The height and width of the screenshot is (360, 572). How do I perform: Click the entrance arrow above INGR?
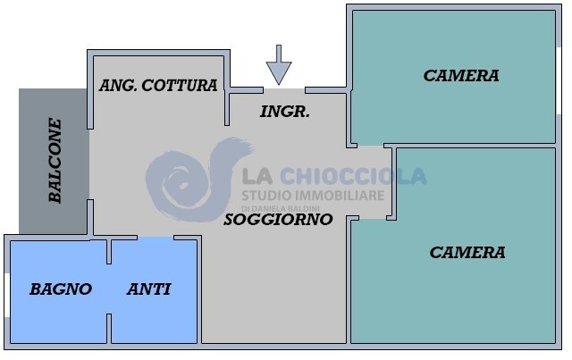tap(279, 63)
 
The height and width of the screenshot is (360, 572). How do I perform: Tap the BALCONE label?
tap(55, 161)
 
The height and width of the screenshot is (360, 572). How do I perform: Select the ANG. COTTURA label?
tap(158, 86)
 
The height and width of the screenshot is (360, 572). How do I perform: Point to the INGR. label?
tap(284, 112)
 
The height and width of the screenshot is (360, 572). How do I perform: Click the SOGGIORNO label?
tap(278, 219)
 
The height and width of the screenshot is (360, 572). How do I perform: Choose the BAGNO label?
tap(61, 289)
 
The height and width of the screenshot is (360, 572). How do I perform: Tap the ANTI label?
tap(149, 289)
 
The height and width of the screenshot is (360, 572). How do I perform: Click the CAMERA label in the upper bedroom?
tap(461, 76)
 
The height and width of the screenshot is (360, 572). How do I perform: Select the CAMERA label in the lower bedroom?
tap(467, 253)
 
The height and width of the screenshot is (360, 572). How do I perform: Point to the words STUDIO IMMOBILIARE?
tap(313, 195)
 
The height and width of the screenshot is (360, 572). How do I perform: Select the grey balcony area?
tap(54, 161)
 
